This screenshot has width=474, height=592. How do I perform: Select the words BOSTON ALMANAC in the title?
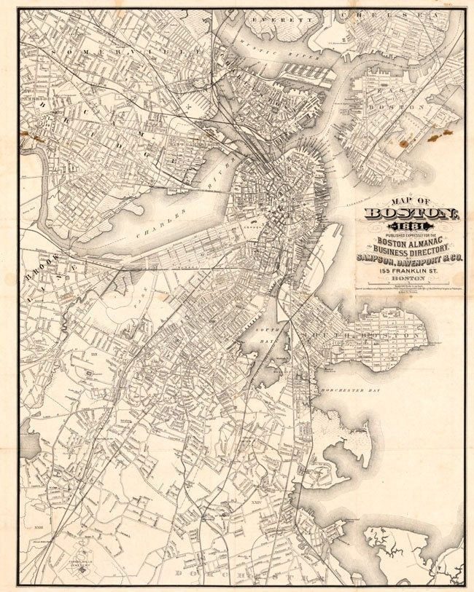click(407, 242)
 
